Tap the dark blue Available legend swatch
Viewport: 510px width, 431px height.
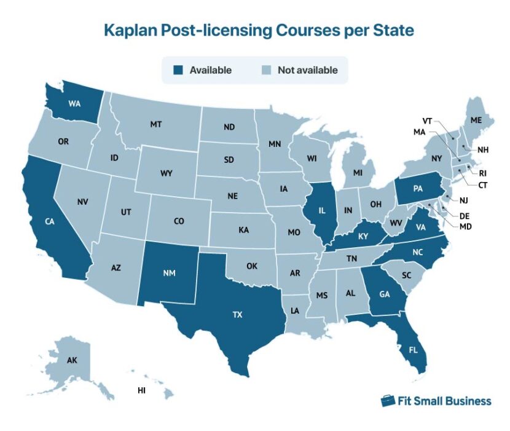pos(178,70)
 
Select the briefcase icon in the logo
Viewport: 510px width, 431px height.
pos(388,401)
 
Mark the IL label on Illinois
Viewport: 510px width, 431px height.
pos(321,210)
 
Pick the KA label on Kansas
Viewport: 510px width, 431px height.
pos(243,231)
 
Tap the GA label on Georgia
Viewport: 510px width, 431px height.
pos(385,294)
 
